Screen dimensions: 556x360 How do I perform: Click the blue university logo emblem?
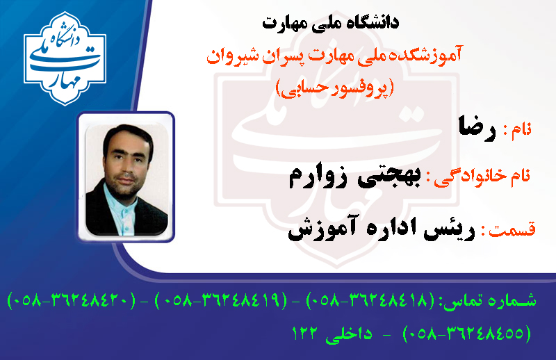tap(65, 58)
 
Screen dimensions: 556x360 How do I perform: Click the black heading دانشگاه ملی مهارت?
tap(331, 23)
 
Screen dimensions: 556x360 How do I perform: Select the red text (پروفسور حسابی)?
tap(335, 88)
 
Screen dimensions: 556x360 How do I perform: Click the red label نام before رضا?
tap(521, 130)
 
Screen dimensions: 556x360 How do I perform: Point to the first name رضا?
tap(477, 129)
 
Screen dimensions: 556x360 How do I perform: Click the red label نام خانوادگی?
tap(482, 177)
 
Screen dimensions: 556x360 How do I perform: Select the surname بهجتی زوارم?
tap(355, 177)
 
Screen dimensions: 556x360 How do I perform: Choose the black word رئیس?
tap(448, 231)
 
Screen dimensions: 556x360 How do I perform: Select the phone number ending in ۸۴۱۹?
tap(221, 301)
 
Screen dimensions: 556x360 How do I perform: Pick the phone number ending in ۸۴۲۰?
tap(71, 301)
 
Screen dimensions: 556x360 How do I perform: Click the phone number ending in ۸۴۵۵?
tap(467, 334)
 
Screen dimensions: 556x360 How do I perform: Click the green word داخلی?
tap(349, 335)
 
